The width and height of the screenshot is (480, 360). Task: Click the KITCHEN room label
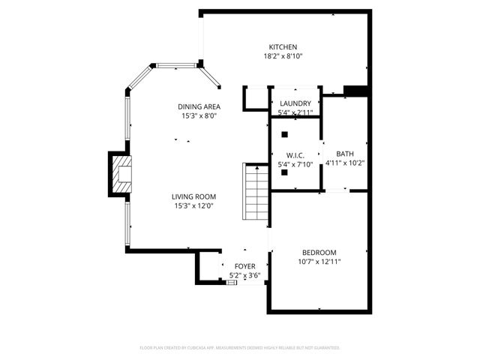[284, 46]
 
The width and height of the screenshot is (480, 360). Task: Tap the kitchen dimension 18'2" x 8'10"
[284, 56]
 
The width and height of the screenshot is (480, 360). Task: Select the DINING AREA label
[199, 106]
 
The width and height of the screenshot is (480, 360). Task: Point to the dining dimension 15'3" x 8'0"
[199, 116]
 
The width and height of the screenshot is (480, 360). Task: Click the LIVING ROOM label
[195, 196]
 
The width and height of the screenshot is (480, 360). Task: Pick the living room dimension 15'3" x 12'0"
[195, 206]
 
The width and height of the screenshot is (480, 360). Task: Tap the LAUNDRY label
[295, 103]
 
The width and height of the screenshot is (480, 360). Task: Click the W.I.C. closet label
[295, 154]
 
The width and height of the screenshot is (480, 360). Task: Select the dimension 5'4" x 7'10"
[295, 163]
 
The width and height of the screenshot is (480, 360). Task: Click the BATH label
[345, 154]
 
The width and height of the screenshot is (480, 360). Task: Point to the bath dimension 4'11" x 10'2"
[345, 163]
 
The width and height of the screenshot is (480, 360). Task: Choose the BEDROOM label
[319, 252]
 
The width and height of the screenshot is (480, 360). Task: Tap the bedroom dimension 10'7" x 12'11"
[319, 262]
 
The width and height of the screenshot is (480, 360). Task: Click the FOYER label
[245, 266]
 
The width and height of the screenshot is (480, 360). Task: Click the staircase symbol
[256, 192]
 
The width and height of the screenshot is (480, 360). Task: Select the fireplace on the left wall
[120, 175]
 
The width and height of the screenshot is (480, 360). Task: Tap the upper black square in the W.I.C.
[285, 135]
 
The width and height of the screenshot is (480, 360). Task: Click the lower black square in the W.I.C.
[285, 172]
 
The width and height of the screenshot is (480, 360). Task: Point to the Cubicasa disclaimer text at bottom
[240, 348]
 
